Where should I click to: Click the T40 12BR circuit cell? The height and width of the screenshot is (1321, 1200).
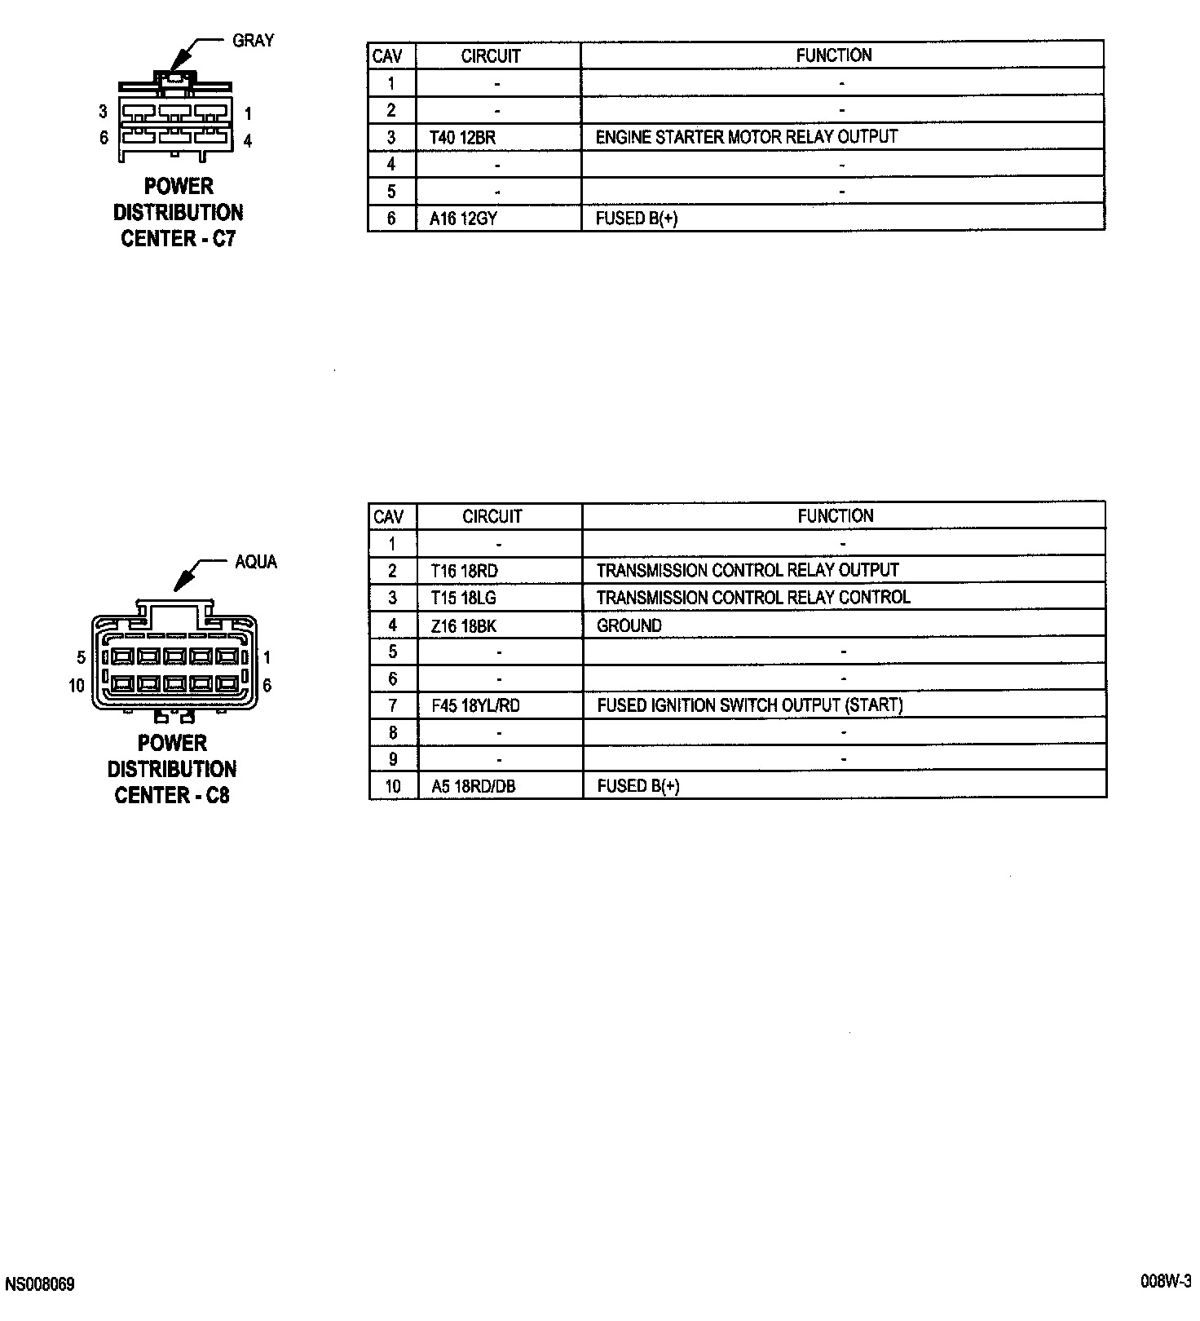(x=462, y=137)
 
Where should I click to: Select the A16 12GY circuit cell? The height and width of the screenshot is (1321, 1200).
(x=463, y=219)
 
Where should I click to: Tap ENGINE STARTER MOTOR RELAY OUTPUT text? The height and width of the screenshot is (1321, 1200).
(x=746, y=137)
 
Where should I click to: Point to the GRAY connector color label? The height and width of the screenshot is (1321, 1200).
(x=254, y=41)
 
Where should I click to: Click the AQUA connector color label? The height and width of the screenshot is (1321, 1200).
(x=256, y=562)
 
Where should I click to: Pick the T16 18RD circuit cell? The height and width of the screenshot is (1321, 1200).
(x=464, y=571)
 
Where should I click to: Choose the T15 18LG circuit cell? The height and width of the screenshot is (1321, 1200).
(x=463, y=598)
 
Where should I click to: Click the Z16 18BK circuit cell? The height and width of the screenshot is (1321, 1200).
(x=463, y=625)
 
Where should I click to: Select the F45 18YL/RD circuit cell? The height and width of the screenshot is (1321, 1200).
(x=475, y=705)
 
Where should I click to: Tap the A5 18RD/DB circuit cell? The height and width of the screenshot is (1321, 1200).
(x=473, y=786)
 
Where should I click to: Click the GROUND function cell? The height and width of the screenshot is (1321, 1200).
(x=629, y=625)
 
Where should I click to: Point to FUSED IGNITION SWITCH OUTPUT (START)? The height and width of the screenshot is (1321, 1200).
(x=750, y=705)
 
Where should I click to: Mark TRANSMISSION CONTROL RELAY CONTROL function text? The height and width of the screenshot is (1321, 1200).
(x=753, y=598)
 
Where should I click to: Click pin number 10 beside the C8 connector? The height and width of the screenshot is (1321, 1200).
(x=77, y=686)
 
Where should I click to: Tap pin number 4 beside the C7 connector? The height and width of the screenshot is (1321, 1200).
(x=248, y=141)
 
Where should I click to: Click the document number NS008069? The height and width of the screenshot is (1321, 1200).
(x=40, y=1284)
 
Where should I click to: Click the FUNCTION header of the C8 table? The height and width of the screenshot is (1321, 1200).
(x=836, y=516)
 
